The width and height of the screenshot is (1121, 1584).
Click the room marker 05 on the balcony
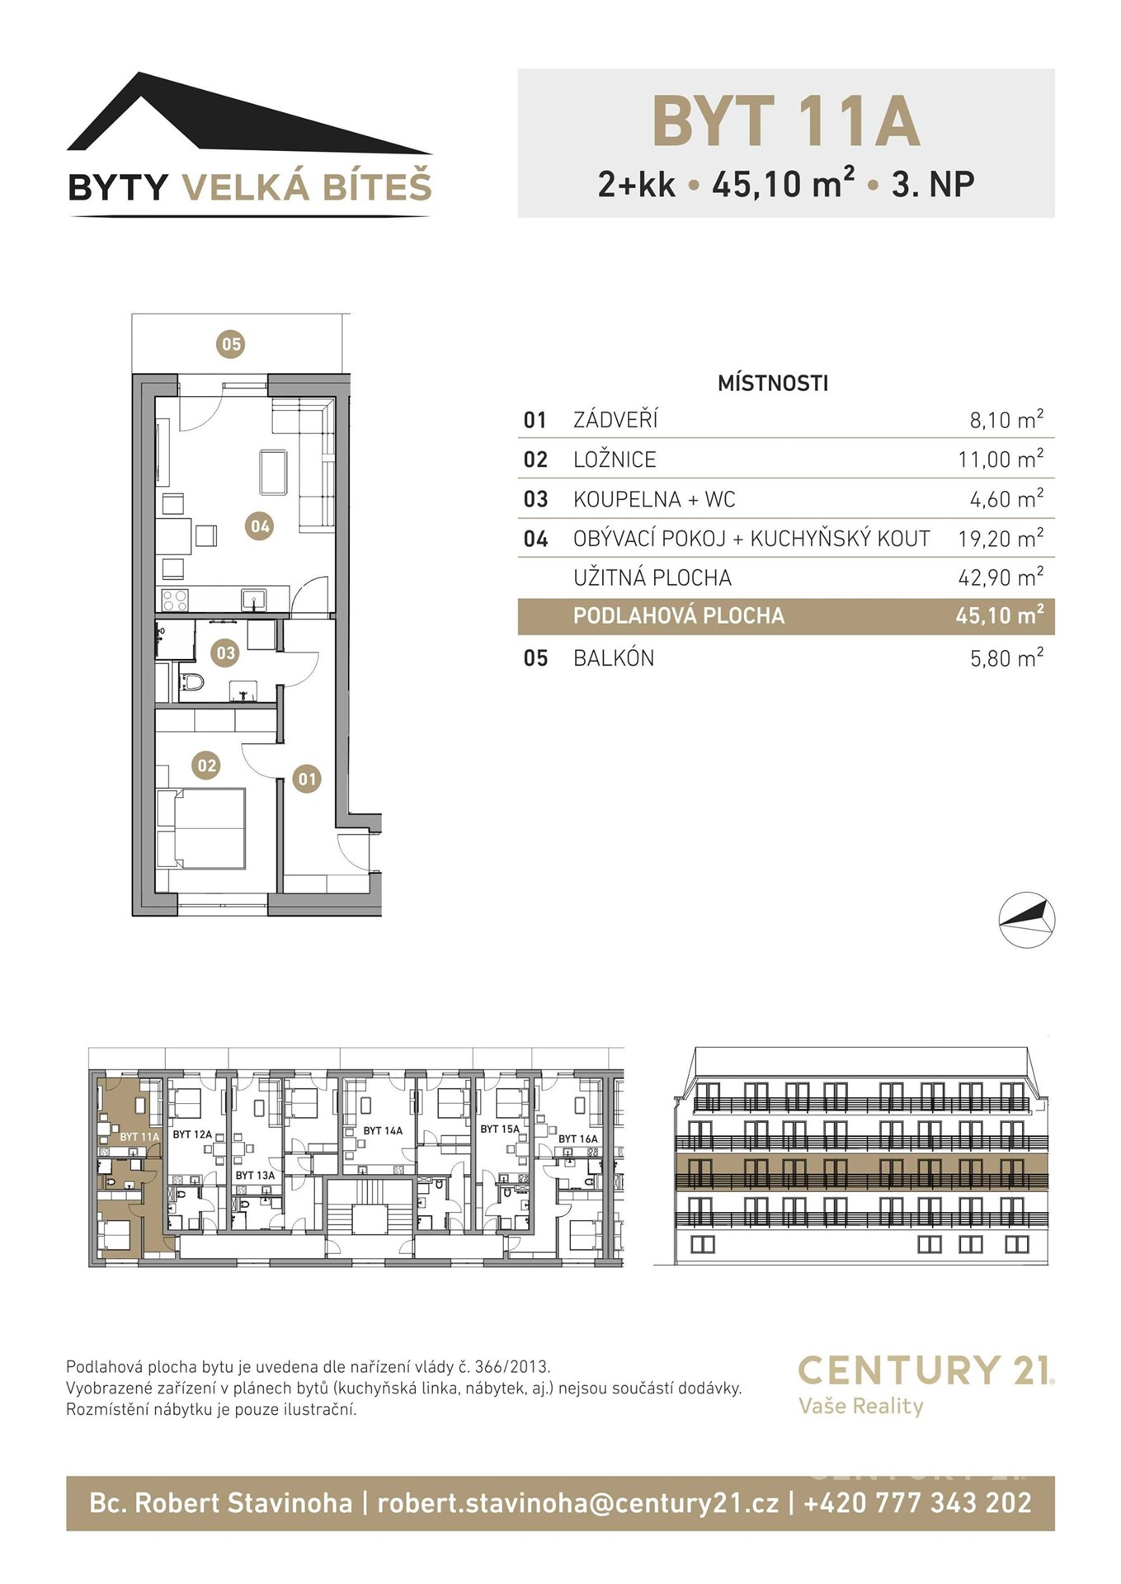click(231, 343)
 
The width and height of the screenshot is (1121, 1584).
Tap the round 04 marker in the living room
click(260, 526)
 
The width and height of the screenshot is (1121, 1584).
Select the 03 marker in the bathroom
click(225, 653)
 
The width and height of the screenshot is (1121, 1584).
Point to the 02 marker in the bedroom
click(206, 766)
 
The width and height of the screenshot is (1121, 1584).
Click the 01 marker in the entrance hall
click(307, 778)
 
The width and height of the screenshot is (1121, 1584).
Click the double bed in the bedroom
click(201, 828)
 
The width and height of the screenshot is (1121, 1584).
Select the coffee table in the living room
click(273, 472)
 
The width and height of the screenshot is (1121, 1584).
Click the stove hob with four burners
click(175, 599)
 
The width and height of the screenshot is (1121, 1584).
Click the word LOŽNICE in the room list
click(615, 460)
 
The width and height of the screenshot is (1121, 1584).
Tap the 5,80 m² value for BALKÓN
click(1006, 658)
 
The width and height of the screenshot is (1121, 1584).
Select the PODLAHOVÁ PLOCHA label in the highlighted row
click(679, 615)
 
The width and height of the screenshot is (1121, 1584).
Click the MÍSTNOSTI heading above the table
click(773, 383)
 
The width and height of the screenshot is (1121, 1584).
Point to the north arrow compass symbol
click(1027, 919)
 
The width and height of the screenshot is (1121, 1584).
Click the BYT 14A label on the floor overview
click(383, 1130)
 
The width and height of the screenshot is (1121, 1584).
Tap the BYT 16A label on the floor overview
click(578, 1138)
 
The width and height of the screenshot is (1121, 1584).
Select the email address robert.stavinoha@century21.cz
click(577, 1502)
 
